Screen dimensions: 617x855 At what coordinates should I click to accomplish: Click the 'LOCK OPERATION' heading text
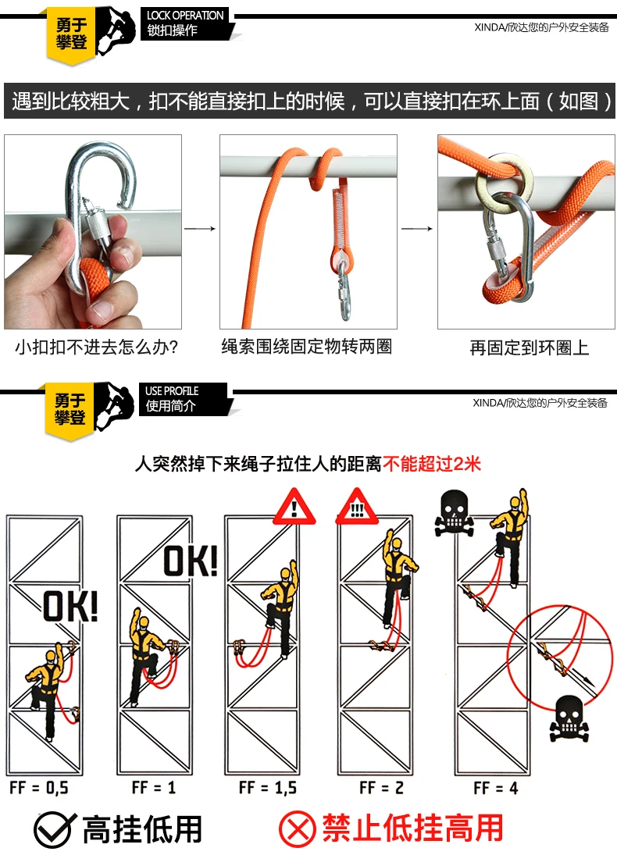185,16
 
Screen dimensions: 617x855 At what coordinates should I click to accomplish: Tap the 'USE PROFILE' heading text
172,391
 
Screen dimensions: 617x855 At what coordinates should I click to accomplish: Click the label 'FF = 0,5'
39,787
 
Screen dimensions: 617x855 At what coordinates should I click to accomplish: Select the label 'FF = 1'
154,787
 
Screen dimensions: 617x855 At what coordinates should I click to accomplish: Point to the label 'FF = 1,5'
268,787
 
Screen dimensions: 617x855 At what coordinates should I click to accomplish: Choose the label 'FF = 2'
381,787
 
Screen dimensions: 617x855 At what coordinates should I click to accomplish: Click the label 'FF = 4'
495,788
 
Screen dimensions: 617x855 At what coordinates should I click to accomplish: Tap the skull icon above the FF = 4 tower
454,512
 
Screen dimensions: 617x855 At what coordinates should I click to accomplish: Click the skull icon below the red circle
569,718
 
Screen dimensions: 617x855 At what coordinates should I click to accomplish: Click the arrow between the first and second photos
200,229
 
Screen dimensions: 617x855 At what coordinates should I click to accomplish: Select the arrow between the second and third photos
417,229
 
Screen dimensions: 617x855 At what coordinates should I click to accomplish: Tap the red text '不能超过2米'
432,464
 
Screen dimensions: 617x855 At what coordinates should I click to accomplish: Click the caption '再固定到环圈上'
530,348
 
